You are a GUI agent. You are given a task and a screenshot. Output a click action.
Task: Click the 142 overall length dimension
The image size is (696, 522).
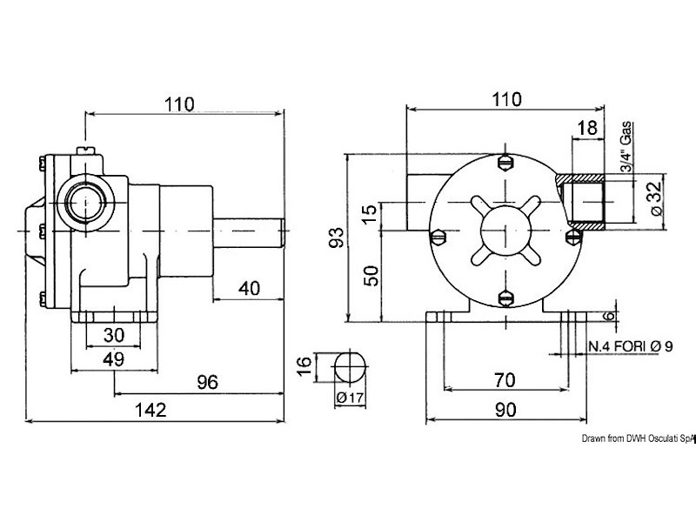(151, 410)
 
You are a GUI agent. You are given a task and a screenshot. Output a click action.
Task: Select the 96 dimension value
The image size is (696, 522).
(208, 382)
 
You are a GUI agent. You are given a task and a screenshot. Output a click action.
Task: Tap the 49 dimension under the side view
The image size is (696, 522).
(114, 359)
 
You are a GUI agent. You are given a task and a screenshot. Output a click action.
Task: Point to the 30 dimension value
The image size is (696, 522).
(114, 335)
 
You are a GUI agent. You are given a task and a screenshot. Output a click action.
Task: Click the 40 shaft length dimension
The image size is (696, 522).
(249, 289)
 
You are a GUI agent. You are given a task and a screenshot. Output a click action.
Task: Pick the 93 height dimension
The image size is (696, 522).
(337, 238)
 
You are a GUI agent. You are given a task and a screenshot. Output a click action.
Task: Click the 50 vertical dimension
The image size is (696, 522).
(371, 276)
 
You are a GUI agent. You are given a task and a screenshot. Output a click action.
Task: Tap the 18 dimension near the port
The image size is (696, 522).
(586, 128)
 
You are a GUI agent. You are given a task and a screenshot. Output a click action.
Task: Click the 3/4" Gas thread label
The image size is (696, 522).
(626, 147)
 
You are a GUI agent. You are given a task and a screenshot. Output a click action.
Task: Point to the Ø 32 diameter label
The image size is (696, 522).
(657, 197)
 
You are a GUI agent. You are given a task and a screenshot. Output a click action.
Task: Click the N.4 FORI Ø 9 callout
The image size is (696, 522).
(631, 346)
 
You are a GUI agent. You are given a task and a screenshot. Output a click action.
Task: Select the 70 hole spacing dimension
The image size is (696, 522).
(505, 380)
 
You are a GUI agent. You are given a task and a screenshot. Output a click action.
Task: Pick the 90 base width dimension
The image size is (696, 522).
(505, 410)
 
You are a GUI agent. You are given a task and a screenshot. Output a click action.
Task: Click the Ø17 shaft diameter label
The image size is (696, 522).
(350, 398)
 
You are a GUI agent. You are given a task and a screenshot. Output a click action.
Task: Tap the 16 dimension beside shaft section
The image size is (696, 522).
(304, 365)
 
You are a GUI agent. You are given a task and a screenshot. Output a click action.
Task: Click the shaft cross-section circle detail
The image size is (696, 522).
(351, 367)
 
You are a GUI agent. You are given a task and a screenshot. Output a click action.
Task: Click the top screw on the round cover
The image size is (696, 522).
(505, 163)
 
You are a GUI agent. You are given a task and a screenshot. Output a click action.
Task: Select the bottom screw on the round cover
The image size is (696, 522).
(505, 298)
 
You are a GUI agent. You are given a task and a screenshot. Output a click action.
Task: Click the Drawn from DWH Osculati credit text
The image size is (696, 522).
(639, 438)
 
